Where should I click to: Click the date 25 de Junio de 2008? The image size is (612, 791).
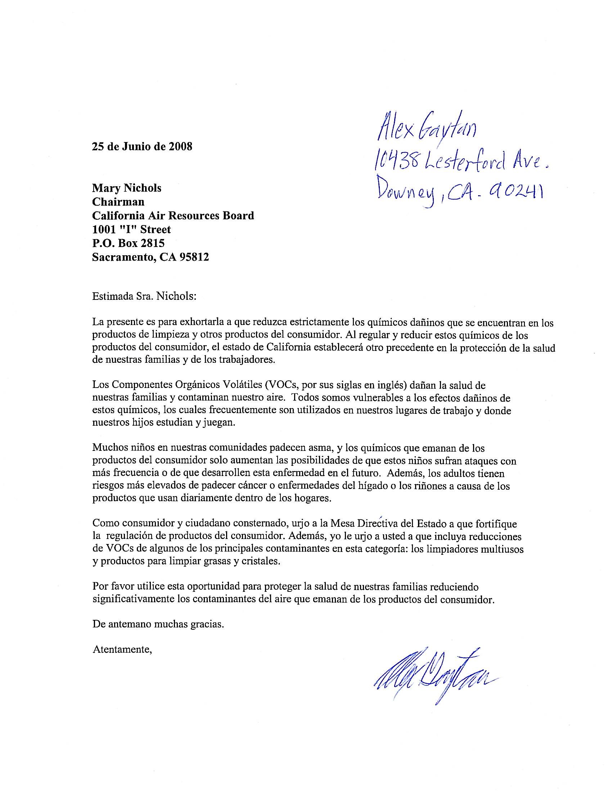point(142,147)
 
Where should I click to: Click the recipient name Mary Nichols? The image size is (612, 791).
point(126,188)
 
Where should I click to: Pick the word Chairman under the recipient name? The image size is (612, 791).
point(118,202)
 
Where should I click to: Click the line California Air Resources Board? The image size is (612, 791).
point(173,215)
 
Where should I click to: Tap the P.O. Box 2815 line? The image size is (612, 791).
point(129,243)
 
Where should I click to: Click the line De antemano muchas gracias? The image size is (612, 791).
point(158,625)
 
